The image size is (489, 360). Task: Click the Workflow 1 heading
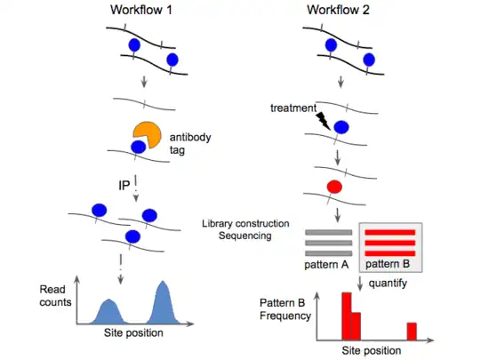click(141, 10)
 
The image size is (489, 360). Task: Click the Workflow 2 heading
click(338, 10)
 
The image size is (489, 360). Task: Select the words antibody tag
click(190, 143)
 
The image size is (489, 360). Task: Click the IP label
click(124, 186)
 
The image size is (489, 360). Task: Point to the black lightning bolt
click(323, 121)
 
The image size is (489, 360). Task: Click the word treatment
click(293, 108)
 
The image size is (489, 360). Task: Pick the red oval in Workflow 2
click(334, 187)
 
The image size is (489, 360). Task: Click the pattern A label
click(326, 265)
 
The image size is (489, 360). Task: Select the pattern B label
click(388, 264)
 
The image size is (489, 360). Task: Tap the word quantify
click(388, 284)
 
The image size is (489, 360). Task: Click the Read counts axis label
click(55, 296)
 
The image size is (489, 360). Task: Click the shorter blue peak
click(108, 313)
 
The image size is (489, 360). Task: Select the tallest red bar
click(347, 316)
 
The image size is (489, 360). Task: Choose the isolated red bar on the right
click(412, 332)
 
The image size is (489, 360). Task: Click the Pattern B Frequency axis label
click(285, 309)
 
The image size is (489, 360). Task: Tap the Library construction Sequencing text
click(245, 229)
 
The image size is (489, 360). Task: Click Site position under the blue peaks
click(133, 332)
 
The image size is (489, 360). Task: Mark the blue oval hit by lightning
click(341, 127)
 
